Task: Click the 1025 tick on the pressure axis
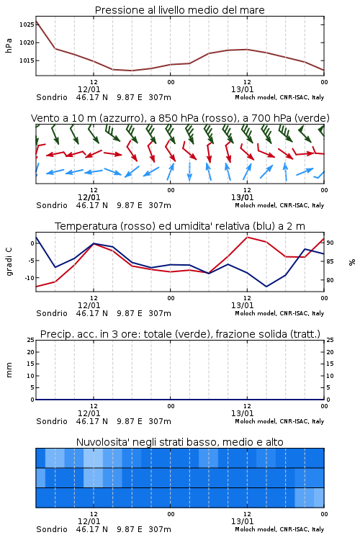click(27, 24)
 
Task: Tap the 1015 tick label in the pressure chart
click(27, 60)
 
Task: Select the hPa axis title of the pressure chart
click(9, 45)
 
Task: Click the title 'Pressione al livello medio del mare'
click(180, 10)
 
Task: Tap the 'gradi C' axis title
click(9, 262)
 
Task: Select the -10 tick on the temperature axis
click(29, 278)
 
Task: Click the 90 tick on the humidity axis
click(330, 243)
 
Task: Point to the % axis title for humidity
click(352, 262)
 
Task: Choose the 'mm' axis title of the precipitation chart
click(9, 370)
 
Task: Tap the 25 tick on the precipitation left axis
click(31, 341)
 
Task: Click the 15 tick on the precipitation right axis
click(330, 364)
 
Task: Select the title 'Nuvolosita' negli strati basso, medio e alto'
click(180, 442)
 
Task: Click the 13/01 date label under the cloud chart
click(242, 521)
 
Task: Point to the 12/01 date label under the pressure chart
click(89, 89)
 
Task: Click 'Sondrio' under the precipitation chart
click(52, 421)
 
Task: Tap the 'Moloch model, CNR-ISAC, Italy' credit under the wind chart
click(279, 205)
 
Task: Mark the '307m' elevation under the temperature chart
click(160, 313)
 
